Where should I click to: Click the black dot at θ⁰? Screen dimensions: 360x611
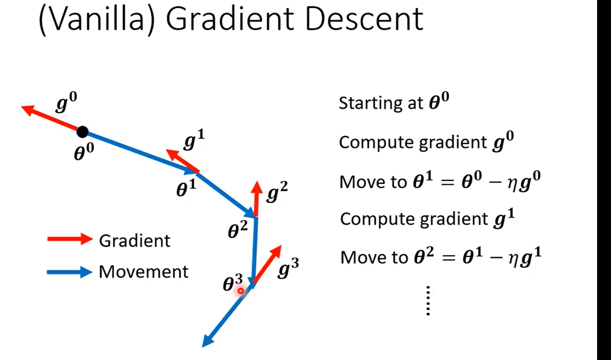point(82,132)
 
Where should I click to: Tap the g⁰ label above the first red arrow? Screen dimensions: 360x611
point(66,102)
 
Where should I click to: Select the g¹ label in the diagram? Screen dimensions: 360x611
point(194,140)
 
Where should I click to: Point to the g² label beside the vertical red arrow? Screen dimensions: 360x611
point(277,192)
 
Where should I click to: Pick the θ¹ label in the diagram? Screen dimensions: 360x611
point(186,188)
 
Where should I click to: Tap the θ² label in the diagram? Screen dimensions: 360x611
point(238,229)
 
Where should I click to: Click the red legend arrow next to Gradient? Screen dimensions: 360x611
point(70,239)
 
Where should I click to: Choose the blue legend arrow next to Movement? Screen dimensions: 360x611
point(70,272)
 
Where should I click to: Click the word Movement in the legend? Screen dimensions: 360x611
point(144,272)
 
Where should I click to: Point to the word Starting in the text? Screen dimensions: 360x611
point(368,103)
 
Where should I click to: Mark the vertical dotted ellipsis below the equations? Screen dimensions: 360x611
point(428,300)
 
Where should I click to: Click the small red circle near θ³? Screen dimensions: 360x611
point(241,291)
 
